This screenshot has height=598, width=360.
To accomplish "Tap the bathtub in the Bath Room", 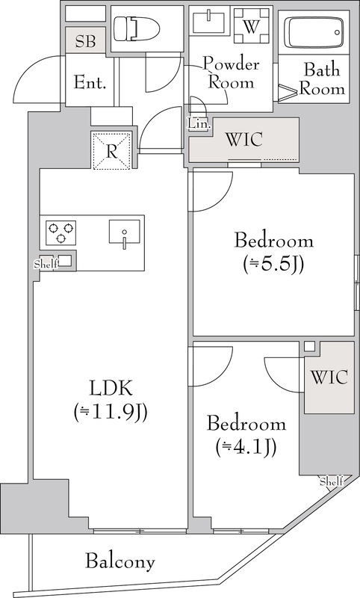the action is point(314,32).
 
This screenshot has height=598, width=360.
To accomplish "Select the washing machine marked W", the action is point(251,26).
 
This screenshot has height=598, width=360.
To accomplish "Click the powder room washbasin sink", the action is point(209,22).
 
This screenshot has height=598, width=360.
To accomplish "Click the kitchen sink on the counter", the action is point(125,232).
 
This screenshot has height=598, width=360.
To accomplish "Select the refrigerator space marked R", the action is point(111,150).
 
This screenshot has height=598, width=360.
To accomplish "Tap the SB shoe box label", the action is point(85,41).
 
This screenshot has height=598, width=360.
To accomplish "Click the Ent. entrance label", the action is point(90,82).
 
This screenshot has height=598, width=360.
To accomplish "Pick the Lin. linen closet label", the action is point(199,123).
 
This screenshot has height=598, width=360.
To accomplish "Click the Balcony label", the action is point(120,561).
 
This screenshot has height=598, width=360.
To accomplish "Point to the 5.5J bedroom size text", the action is point(273,264).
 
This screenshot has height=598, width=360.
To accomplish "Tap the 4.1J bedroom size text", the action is point(245,446).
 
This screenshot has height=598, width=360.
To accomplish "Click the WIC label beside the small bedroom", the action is point(329,377).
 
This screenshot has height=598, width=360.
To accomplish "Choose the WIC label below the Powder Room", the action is point(244,139).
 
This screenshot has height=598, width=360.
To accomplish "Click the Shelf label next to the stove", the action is point(46,264).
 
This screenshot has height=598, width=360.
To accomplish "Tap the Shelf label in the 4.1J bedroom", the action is point(332,481).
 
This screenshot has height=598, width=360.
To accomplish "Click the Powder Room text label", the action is point(231,73).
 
